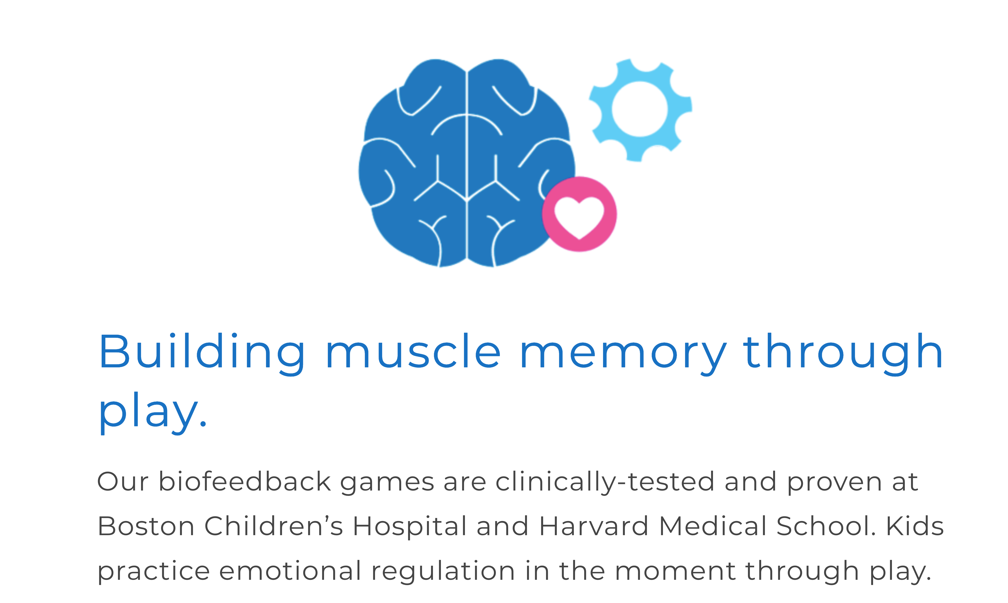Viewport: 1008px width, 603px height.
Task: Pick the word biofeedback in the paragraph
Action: (245, 481)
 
